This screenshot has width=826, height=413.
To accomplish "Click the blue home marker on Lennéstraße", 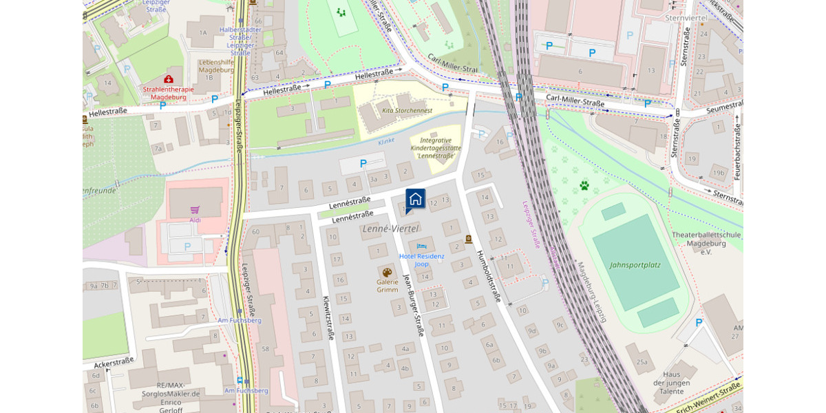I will [415, 200].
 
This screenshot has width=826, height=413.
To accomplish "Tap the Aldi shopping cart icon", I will [195, 209].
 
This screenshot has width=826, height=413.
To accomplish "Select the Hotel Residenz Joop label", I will [422, 260].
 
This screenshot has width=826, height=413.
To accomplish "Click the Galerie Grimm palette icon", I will [387, 273].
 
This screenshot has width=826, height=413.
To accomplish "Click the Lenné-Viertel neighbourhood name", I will [390, 228].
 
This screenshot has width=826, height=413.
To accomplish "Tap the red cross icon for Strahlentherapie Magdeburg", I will [169, 79].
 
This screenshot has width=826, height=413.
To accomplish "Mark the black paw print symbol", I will [584, 185].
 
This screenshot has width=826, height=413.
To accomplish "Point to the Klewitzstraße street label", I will [328, 318].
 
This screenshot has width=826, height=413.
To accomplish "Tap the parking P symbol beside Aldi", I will [187, 246].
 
